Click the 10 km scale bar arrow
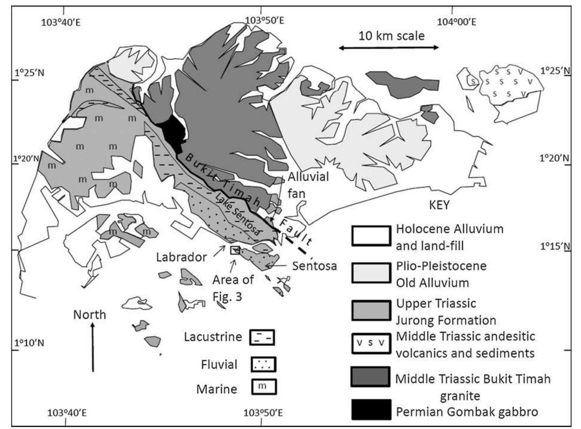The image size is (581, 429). [389, 48]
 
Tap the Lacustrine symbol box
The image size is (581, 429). [262, 337]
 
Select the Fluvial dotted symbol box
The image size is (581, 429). [263, 364]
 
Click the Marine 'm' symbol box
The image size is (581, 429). [264, 387]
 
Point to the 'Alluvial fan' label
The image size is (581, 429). [308, 185]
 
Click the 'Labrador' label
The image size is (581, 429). [181, 257]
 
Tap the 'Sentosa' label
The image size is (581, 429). [314, 266]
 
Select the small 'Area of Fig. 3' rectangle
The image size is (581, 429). [235, 249]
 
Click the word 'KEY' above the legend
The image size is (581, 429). [439, 206]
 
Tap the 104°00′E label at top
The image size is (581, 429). [456, 21]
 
